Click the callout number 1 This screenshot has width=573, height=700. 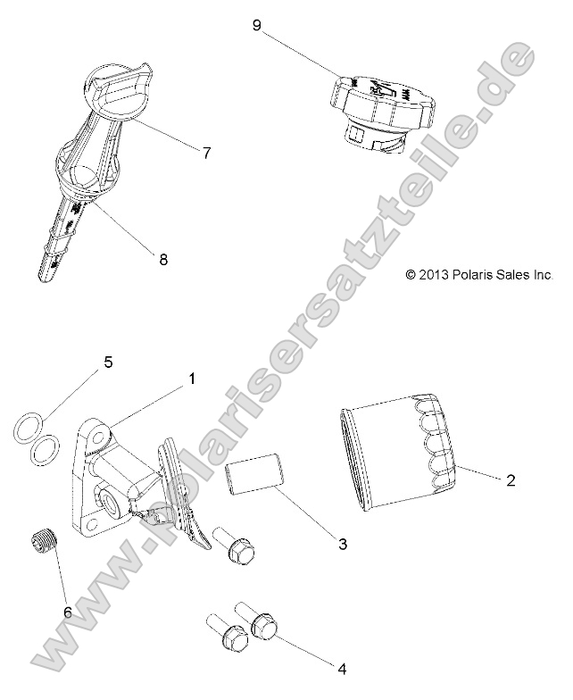point(191,379)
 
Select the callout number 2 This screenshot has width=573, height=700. point(511,480)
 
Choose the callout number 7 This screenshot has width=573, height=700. point(206,153)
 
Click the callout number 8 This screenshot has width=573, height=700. point(162,260)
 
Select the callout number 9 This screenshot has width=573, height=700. point(257,26)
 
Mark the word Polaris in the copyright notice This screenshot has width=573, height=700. point(474,276)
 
